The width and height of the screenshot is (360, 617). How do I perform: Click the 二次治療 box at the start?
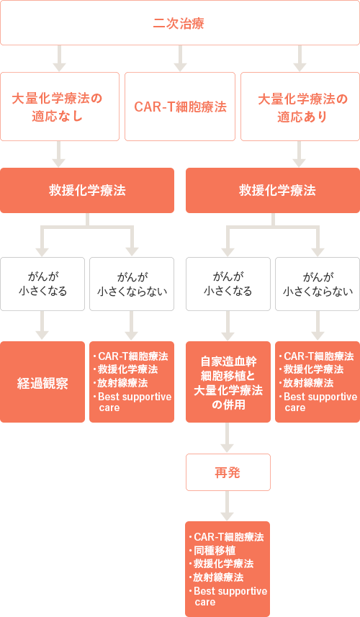180,23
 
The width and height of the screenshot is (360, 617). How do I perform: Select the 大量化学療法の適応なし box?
60,107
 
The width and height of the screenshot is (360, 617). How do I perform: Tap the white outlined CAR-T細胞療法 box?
180,107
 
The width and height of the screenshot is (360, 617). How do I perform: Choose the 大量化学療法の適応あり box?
300,107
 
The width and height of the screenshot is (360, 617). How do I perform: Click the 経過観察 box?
42,382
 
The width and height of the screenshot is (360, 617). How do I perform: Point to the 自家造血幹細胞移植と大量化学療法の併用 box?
228,382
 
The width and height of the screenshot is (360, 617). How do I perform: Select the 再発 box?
228,472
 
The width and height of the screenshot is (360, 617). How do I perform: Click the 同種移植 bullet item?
215,551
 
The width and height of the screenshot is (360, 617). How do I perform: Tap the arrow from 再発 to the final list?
228,505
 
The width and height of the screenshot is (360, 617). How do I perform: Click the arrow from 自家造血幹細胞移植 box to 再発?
228,438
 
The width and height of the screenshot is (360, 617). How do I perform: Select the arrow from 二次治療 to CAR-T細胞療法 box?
180,58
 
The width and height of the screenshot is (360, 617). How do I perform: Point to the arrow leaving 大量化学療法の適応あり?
300,154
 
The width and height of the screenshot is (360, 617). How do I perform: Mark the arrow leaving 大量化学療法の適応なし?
59,154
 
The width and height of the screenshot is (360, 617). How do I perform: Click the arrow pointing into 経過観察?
42,325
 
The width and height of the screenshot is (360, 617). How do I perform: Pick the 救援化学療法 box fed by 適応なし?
87,191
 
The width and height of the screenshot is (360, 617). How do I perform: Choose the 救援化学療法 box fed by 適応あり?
273,191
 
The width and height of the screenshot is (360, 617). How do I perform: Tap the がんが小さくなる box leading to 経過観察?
42,284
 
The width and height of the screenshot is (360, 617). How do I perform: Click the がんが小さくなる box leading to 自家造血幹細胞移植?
228,284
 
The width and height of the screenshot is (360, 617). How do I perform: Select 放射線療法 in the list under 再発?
218,577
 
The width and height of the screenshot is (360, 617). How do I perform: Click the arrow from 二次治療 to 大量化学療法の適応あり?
300,58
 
